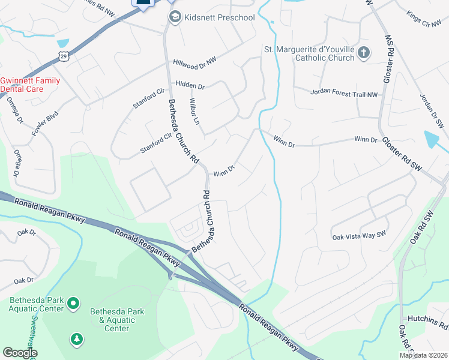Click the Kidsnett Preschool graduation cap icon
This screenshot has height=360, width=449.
coord(174,17)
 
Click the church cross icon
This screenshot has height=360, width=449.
coord(363,53)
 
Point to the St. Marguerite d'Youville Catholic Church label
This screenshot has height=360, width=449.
coord(309,53)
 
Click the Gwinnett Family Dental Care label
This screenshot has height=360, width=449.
coord(30,85)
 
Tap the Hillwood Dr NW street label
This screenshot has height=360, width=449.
coord(194,61)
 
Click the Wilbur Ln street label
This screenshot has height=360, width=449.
coord(194,111)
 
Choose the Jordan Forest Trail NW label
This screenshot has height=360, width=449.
coord(344,93)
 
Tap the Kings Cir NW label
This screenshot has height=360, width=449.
coord(423,19)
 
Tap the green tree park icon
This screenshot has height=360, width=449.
coord(76,340)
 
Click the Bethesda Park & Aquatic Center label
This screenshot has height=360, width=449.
coord(117,320)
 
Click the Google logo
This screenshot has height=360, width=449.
coord(20,353)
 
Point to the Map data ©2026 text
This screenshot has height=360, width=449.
coord(423,355)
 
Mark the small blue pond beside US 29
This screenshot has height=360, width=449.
coord(62,43)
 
